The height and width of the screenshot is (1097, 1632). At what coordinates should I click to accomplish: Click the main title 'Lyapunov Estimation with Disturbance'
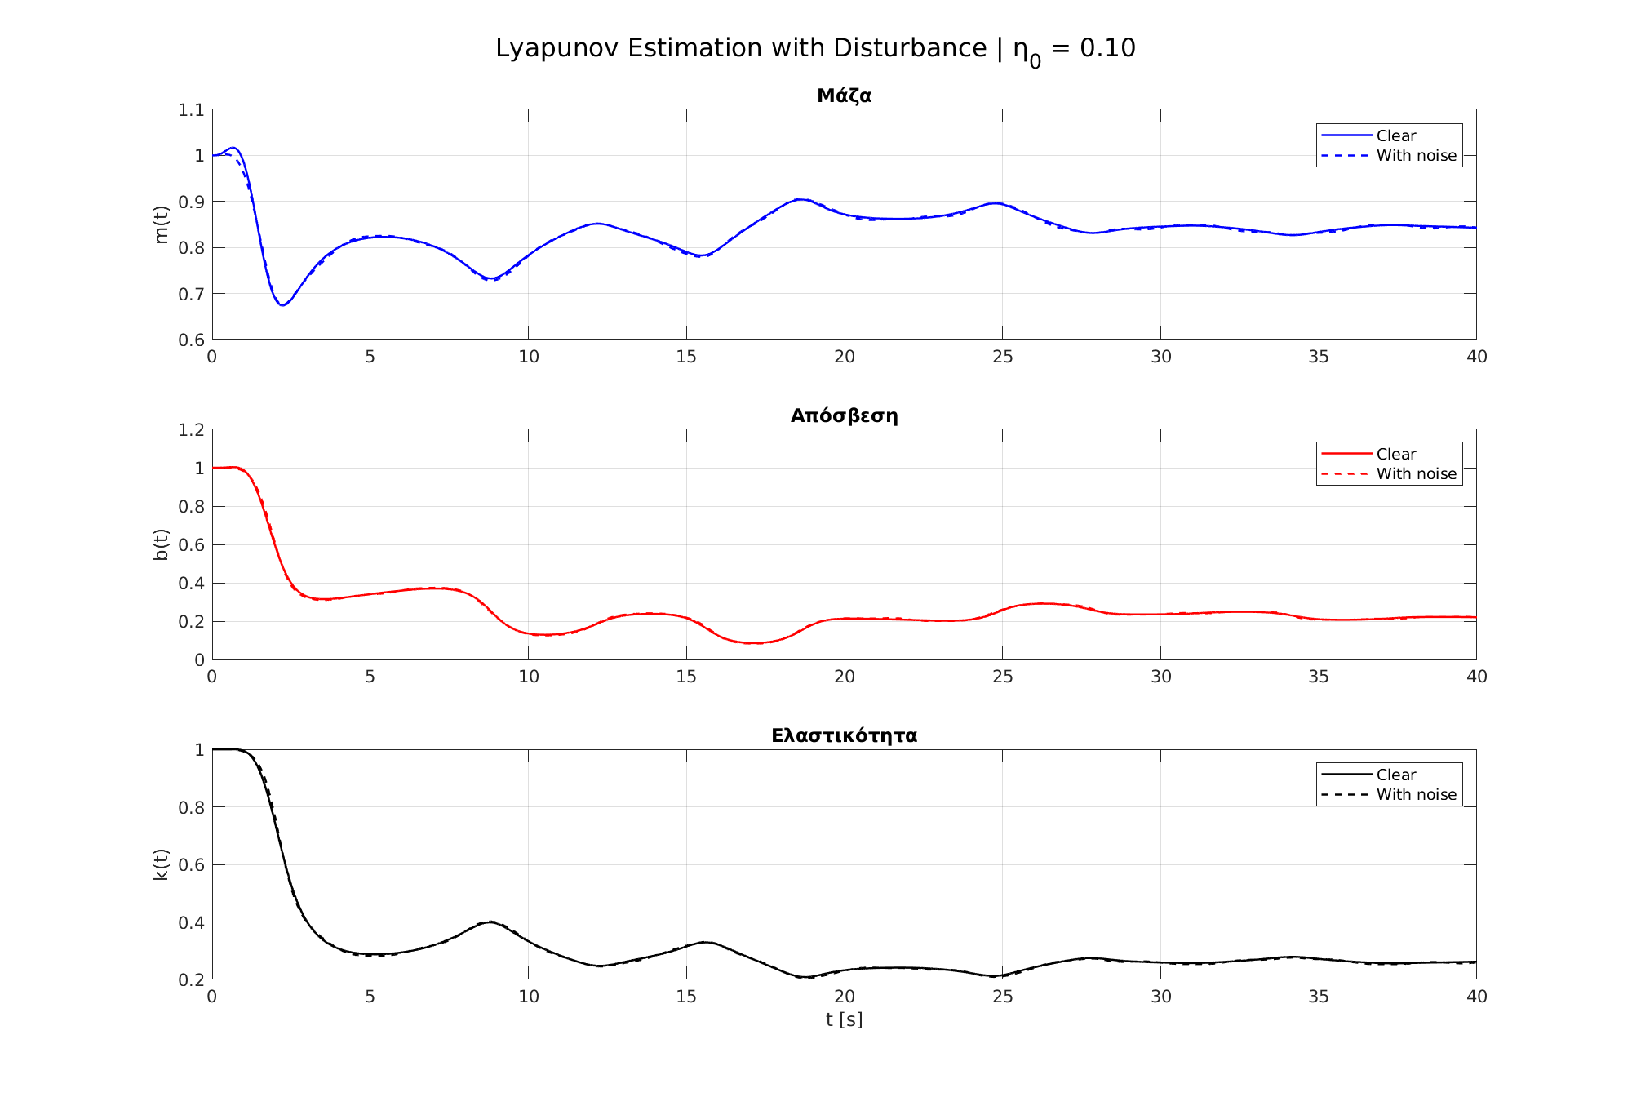[741, 48]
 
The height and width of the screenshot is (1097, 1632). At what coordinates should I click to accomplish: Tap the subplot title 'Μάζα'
[844, 95]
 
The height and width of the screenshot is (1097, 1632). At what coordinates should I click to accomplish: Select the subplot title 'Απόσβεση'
[844, 415]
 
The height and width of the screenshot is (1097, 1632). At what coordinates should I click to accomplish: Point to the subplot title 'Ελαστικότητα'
[844, 735]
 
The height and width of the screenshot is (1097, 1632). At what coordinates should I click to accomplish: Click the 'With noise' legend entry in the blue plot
[1416, 156]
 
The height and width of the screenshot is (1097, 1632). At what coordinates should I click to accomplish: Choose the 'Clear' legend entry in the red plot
[1395, 455]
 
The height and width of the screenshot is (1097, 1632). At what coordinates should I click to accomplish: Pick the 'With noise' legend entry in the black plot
[1416, 795]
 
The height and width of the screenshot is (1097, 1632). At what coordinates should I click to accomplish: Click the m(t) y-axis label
[161, 224]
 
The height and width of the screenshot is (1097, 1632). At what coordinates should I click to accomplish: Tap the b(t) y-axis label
[161, 544]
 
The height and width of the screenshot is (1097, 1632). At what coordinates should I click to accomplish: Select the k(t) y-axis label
[161, 864]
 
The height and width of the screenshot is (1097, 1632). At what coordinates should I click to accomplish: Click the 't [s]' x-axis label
[844, 1019]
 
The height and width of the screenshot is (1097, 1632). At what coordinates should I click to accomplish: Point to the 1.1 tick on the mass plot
[191, 109]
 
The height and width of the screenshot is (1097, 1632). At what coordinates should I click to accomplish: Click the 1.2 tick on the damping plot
[191, 429]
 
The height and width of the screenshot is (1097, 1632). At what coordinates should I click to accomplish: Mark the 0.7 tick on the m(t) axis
[191, 294]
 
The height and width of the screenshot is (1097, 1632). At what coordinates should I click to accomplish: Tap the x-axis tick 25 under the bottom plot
[1002, 997]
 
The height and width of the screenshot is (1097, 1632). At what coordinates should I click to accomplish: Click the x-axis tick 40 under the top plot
[1476, 357]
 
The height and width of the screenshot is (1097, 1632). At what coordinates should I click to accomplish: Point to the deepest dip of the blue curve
[282, 305]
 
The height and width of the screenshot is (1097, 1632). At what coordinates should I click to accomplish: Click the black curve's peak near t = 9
[490, 922]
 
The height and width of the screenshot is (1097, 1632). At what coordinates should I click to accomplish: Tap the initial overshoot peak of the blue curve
[233, 148]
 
